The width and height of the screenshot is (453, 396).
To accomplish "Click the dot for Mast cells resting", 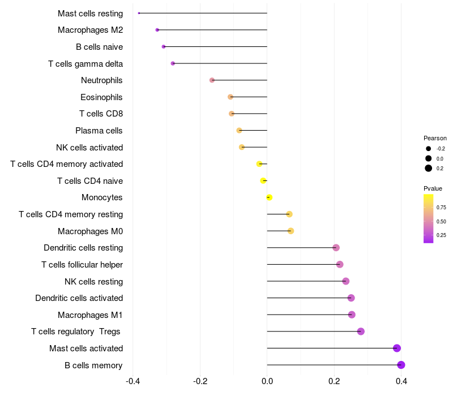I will point(139,13).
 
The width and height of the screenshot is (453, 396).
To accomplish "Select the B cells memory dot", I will point(401,365).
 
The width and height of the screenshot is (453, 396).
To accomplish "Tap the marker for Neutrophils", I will point(212,80).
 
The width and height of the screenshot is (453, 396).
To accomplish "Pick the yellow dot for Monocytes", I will point(270,197).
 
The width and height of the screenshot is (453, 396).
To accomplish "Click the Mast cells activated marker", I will point(397,348).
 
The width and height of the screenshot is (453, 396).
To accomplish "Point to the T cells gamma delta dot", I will point(173,63).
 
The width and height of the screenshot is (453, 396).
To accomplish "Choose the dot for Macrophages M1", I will point(352,315).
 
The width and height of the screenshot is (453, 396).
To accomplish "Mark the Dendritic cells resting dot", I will point(336,248).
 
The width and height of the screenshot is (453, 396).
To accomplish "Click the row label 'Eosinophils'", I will point(101,97).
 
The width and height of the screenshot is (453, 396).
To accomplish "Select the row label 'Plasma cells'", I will point(99,131).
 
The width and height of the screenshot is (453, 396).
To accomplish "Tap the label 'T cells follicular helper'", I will point(82,265).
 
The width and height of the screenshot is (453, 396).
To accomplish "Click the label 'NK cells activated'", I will point(89,148).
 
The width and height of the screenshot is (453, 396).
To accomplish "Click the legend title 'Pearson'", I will point(435,138).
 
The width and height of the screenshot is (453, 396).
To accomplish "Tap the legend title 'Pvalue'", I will point(433,188).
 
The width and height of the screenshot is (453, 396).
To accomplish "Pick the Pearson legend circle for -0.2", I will point(429,149).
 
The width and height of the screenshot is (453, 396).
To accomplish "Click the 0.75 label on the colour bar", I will point(441,208).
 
